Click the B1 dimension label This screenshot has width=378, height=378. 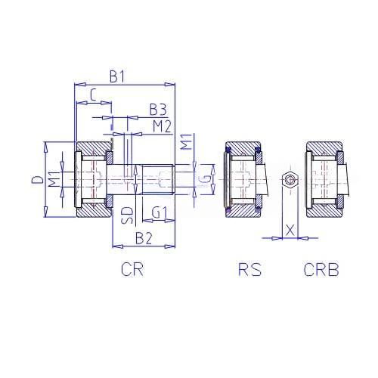pyautogui.click(x=117, y=76)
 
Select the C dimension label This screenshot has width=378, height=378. pyautogui.click(x=93, y=95)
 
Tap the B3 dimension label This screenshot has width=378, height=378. pyautogui.click(x=158, y=110)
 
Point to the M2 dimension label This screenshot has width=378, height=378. pyautogui.click(x=163, y=126)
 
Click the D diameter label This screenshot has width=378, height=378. pyautogui.click(x=37, y=180)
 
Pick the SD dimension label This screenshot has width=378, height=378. pyautogui.click(x=127, y=215)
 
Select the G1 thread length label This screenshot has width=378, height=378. pyautogui.click(x=160, y=213)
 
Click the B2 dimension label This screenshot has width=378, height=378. pyautogui.click(x=144, y=238)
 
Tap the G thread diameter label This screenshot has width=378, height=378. pyautogui.click(x=206, y=179)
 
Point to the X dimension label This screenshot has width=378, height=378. pyautogui.click(x=290, y=230)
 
